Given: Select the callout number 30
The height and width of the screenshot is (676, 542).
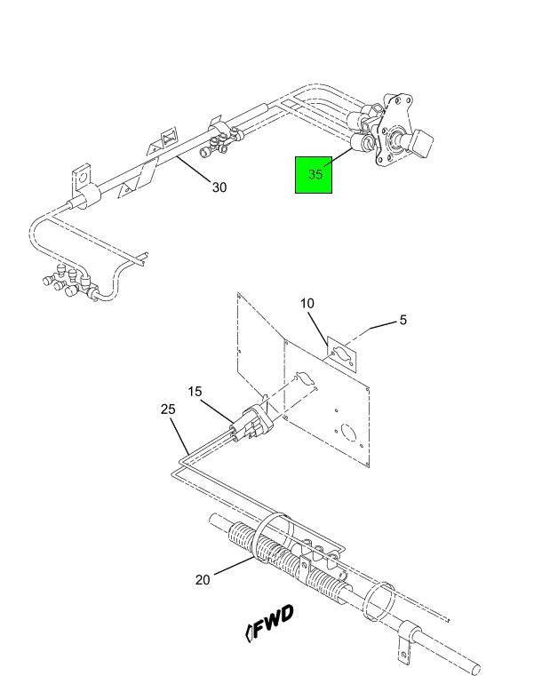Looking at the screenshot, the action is (x=219, y=187).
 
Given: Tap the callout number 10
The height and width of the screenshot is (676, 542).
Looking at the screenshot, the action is (x=307, y=304).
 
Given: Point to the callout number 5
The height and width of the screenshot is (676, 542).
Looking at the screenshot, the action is (x=403, y=320).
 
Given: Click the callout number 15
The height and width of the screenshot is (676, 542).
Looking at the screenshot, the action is (x=195, y=392).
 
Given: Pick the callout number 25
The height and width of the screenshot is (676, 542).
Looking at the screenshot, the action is (x=168, y=410).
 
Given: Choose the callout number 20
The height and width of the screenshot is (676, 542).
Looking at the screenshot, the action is (x=203, y=580).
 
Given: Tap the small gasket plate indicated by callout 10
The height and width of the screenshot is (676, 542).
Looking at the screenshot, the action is (x=342, y=354).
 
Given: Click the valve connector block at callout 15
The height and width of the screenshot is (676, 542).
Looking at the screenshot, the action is (x=251, y=424).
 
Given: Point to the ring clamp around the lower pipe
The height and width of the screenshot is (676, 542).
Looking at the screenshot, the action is (x=380, y=601).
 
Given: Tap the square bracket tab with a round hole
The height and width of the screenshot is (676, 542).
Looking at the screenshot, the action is (x=82, y=177).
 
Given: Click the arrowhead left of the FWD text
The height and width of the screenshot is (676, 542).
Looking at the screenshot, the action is (x=249, y=632).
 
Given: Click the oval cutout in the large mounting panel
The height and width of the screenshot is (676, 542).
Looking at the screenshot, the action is (x=306, y=378).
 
